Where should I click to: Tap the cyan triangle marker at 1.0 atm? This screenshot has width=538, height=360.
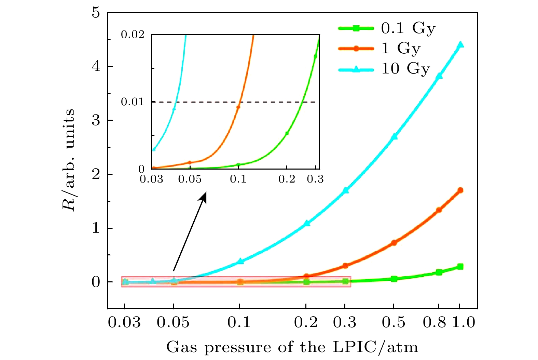[x=460, y=45]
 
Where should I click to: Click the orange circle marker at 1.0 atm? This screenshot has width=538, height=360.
[x=460, y=190]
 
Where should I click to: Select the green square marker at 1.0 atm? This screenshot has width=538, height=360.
[x=460, y=267]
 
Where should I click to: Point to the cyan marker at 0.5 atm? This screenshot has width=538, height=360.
[x=394, y=136]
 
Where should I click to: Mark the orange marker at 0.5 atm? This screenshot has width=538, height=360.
[x=394, y=243]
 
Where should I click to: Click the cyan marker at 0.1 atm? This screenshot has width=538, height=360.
[x=240, y=261]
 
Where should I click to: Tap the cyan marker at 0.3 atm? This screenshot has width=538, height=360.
[x=346, y=190]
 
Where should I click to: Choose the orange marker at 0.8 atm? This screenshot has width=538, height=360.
[x=439, y=210]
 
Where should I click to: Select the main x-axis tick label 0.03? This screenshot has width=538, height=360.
[x=124, y=322]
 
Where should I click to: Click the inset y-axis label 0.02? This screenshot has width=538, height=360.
[x=133, y=35]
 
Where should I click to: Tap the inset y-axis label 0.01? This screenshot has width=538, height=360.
[x=133, y=102]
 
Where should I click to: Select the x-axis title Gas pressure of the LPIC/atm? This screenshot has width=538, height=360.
[x=292, y=347]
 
